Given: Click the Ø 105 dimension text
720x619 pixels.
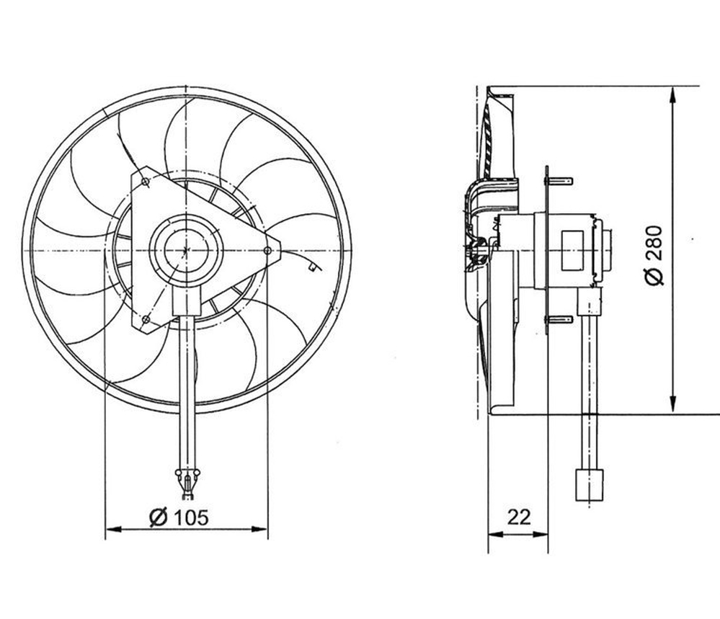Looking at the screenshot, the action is tap(179, 517).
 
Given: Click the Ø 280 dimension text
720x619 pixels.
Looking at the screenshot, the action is tap(654, 255).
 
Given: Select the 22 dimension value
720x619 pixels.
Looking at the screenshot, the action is tap(519, 517).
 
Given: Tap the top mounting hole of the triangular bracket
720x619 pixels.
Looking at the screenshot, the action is tap(146, 182).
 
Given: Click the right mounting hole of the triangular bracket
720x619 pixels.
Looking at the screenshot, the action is tap(267, 250).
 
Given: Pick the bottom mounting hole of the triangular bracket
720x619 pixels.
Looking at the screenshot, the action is tap(146, 319).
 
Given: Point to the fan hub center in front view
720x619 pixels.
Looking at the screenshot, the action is tap(186, 250).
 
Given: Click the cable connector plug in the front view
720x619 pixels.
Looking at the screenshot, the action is tap(187, 484).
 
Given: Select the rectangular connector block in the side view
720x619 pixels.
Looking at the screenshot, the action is tap(589, 485).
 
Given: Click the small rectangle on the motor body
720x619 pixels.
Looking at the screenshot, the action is tap(572, 251).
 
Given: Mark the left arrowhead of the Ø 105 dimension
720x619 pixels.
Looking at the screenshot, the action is tap(113, 530).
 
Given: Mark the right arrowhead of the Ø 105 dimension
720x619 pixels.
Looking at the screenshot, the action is tap(259, 530).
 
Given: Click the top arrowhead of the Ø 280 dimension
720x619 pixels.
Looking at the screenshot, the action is tap(672, 95).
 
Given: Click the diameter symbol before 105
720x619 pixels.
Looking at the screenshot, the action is tap(159, 517).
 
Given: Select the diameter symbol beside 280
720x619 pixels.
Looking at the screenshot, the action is tap(654, 277).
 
